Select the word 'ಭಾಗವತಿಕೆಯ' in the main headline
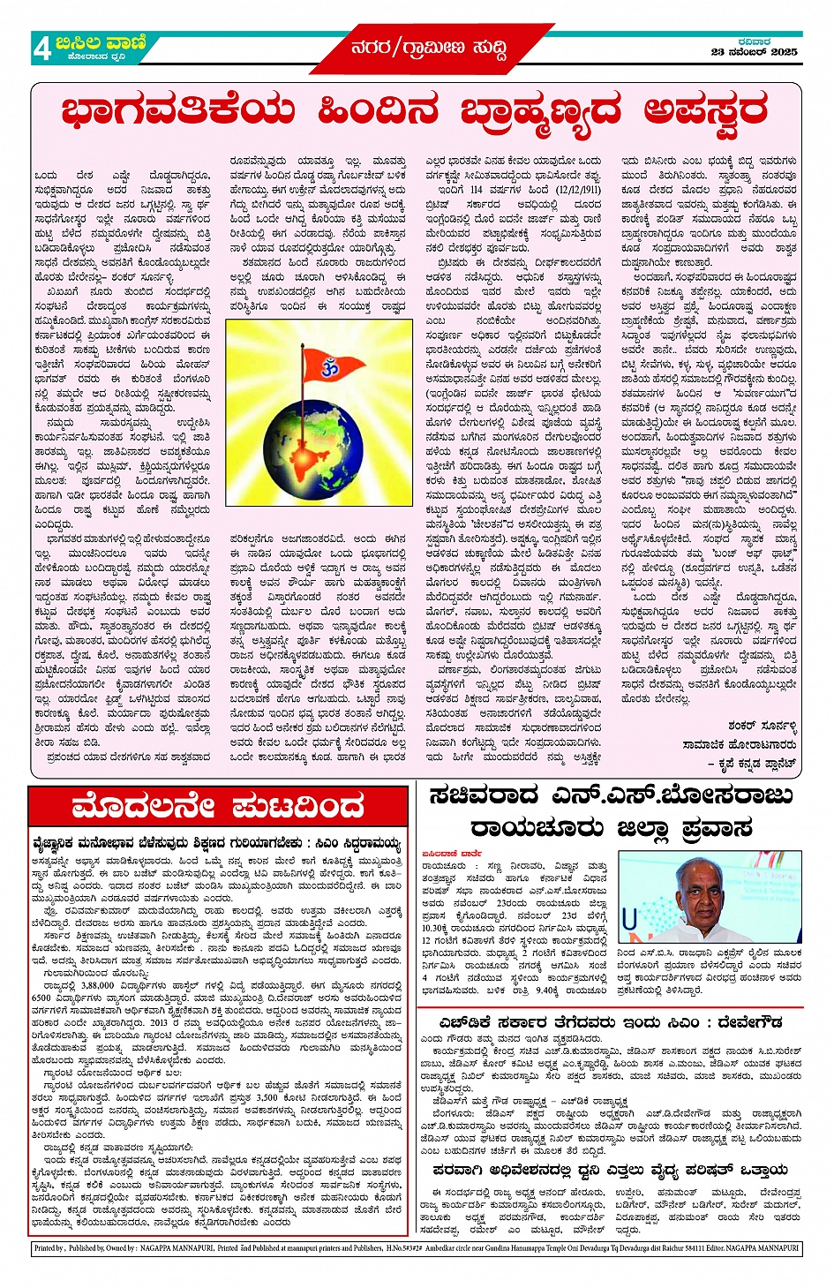point(177,112)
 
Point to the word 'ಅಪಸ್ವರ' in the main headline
point(704,112)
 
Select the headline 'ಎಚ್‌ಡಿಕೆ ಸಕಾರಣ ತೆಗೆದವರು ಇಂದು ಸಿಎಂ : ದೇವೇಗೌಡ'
point(609,1022)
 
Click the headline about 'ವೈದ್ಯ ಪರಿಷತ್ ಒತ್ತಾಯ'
point(609,1169)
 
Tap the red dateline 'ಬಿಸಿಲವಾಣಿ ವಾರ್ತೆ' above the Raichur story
point(450,854)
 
